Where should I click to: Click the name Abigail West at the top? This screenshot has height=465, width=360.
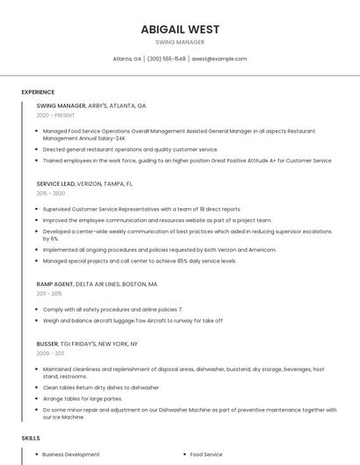coord(180,29)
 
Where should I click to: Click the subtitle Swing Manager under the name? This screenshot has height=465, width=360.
coord(180,42)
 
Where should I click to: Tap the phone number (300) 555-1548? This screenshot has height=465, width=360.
coord(167,59)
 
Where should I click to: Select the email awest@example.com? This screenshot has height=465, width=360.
coord(220,59)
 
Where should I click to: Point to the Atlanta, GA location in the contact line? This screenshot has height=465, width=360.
coord(127,59)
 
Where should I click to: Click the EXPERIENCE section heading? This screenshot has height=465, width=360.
coord(38,92)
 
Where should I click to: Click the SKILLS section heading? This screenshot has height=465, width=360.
coord(31,438)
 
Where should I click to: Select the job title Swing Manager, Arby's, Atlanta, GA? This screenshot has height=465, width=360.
coord(91,105)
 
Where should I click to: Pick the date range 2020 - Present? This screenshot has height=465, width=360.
coord(56,115)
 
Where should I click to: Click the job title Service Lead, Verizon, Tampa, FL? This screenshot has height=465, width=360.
coord(84,184)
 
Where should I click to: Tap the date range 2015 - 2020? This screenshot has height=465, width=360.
coord(51,193)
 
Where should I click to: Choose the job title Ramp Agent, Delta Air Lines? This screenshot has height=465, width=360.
coord(97,284)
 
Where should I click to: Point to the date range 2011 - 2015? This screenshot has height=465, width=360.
coord(49,294)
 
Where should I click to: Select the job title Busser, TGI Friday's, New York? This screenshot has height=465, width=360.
coord(87,344)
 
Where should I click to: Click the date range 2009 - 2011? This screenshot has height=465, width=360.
coord(50,353)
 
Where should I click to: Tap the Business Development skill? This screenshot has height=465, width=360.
coord(71,454)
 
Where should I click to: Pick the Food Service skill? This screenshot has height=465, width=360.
coord(206,454)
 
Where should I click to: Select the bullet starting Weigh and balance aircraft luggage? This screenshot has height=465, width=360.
coord(133,320)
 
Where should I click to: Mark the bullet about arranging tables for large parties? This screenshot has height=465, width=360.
coord(83,398)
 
